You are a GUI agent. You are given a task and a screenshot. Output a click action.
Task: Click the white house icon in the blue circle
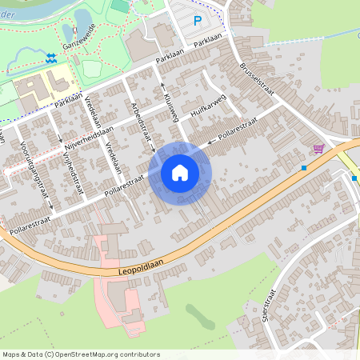(x=180, y=173)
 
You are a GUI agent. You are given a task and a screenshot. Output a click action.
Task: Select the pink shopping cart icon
(x=318, y=148)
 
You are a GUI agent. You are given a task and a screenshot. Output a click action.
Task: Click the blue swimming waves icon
(x=51, y=58)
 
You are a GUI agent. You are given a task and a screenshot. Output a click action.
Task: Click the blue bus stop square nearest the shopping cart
(x=304, y=168)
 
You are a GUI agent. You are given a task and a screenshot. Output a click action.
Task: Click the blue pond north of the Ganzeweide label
(x=82, y=18)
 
